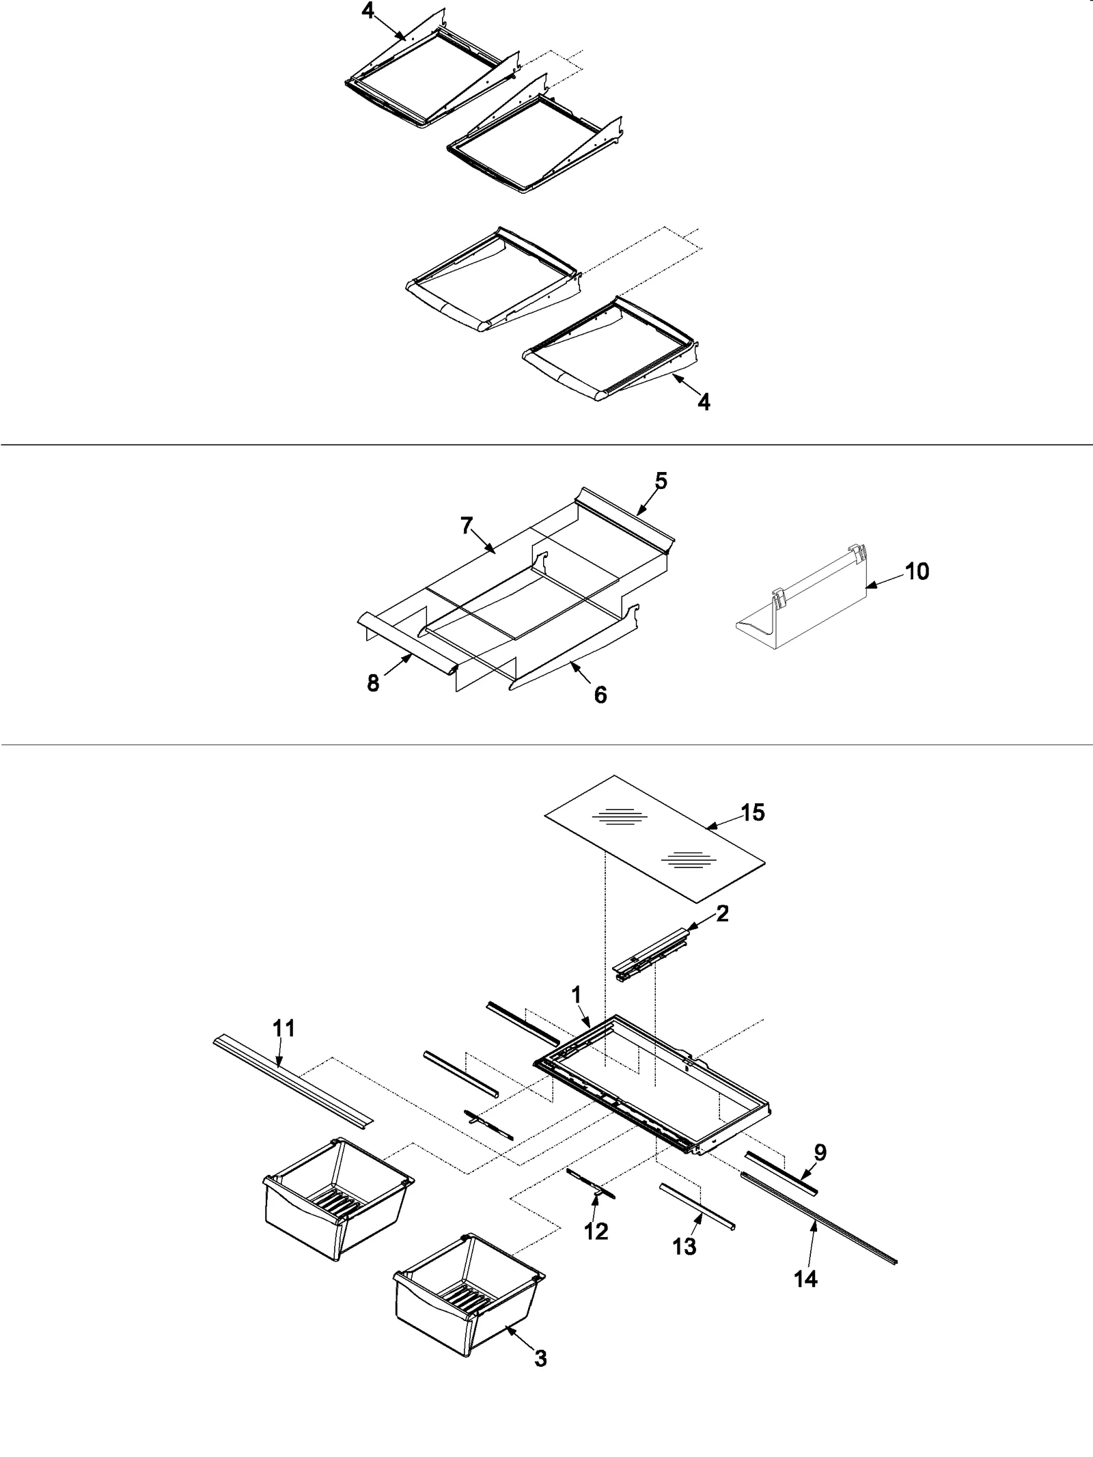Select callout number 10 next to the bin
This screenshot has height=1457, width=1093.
pyautogui.click(x=917, y=571)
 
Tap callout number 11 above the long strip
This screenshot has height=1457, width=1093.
pyautogui.click(x=283, y=1048)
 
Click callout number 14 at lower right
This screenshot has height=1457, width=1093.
pyautogui.click(x=806, y=1279)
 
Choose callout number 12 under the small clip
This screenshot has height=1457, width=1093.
pyautogui.click(x=596, y=1232)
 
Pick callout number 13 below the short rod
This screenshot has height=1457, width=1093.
pyautogui.click(x=684, y=1247)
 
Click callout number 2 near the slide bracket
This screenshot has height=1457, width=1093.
pyautogui.click(x=722, y=913)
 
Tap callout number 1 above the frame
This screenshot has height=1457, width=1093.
pyautogui.click(x=577, y=1014)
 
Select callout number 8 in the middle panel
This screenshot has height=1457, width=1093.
pyautogui.click(x=373, y=683)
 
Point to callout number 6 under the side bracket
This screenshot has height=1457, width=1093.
pyautogui.click(x=600, y=695)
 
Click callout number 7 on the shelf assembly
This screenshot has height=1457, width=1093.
pyautogui.click(x=467, y=526)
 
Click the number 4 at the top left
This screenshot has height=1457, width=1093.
pyautogui.click(x=368, y=12)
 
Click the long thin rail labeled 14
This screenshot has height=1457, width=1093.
pyautogui.click(x=820, y=1219)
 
